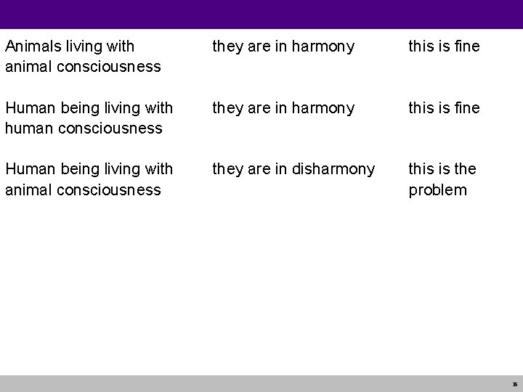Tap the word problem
pos(438,190)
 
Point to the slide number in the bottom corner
pos(514,385)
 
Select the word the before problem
pos(463,169)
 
